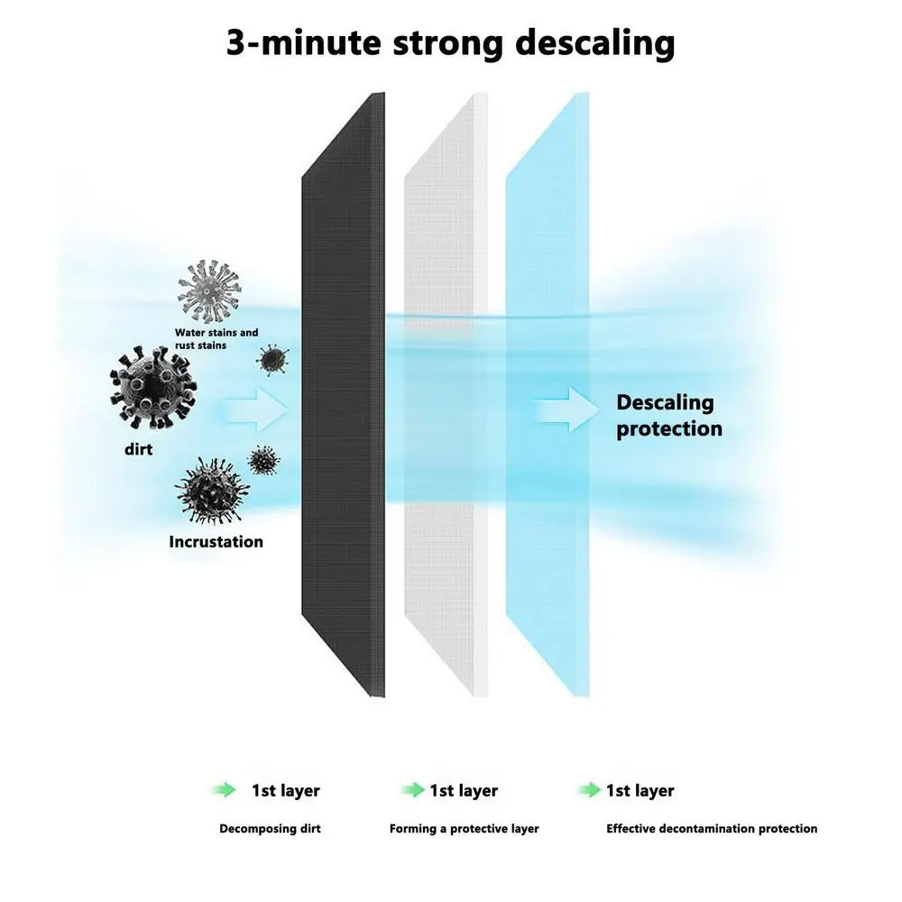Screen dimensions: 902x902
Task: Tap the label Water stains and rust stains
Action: coord(216,338)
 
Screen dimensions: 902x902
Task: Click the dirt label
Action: coord(139,448)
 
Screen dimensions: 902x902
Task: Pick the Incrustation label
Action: coord(216,542)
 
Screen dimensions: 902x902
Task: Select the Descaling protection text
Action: coord(668,415)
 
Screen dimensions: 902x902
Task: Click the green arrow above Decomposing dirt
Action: coord(225,790)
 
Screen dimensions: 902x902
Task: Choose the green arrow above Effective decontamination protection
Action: coord(590,790)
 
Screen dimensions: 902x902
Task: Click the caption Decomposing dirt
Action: coord(270,828)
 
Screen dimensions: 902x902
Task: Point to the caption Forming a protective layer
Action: coord(464,828)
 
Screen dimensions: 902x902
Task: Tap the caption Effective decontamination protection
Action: coord(712,828)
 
